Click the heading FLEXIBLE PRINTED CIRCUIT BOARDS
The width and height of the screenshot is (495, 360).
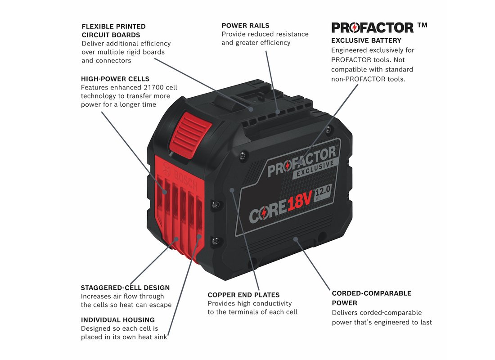tap(113, 31)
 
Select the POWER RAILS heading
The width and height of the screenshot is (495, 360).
tap(245, 26)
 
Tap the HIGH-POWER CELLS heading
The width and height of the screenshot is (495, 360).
tap(115, 79)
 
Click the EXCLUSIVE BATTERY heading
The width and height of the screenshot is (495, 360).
tap(366, 40)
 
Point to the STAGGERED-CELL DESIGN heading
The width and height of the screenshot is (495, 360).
tap(125, 288)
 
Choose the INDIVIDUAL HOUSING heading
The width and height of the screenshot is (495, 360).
tap(117, 320)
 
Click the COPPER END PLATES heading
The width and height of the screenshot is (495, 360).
tap(243, 295)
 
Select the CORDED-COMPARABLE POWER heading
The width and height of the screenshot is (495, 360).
tap(371, 297)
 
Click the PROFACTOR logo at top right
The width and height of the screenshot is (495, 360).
tap(372, 27)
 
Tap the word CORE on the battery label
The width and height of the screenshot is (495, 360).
tap(267, 211)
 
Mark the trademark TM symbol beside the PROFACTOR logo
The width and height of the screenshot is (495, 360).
tap(422, 26)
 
